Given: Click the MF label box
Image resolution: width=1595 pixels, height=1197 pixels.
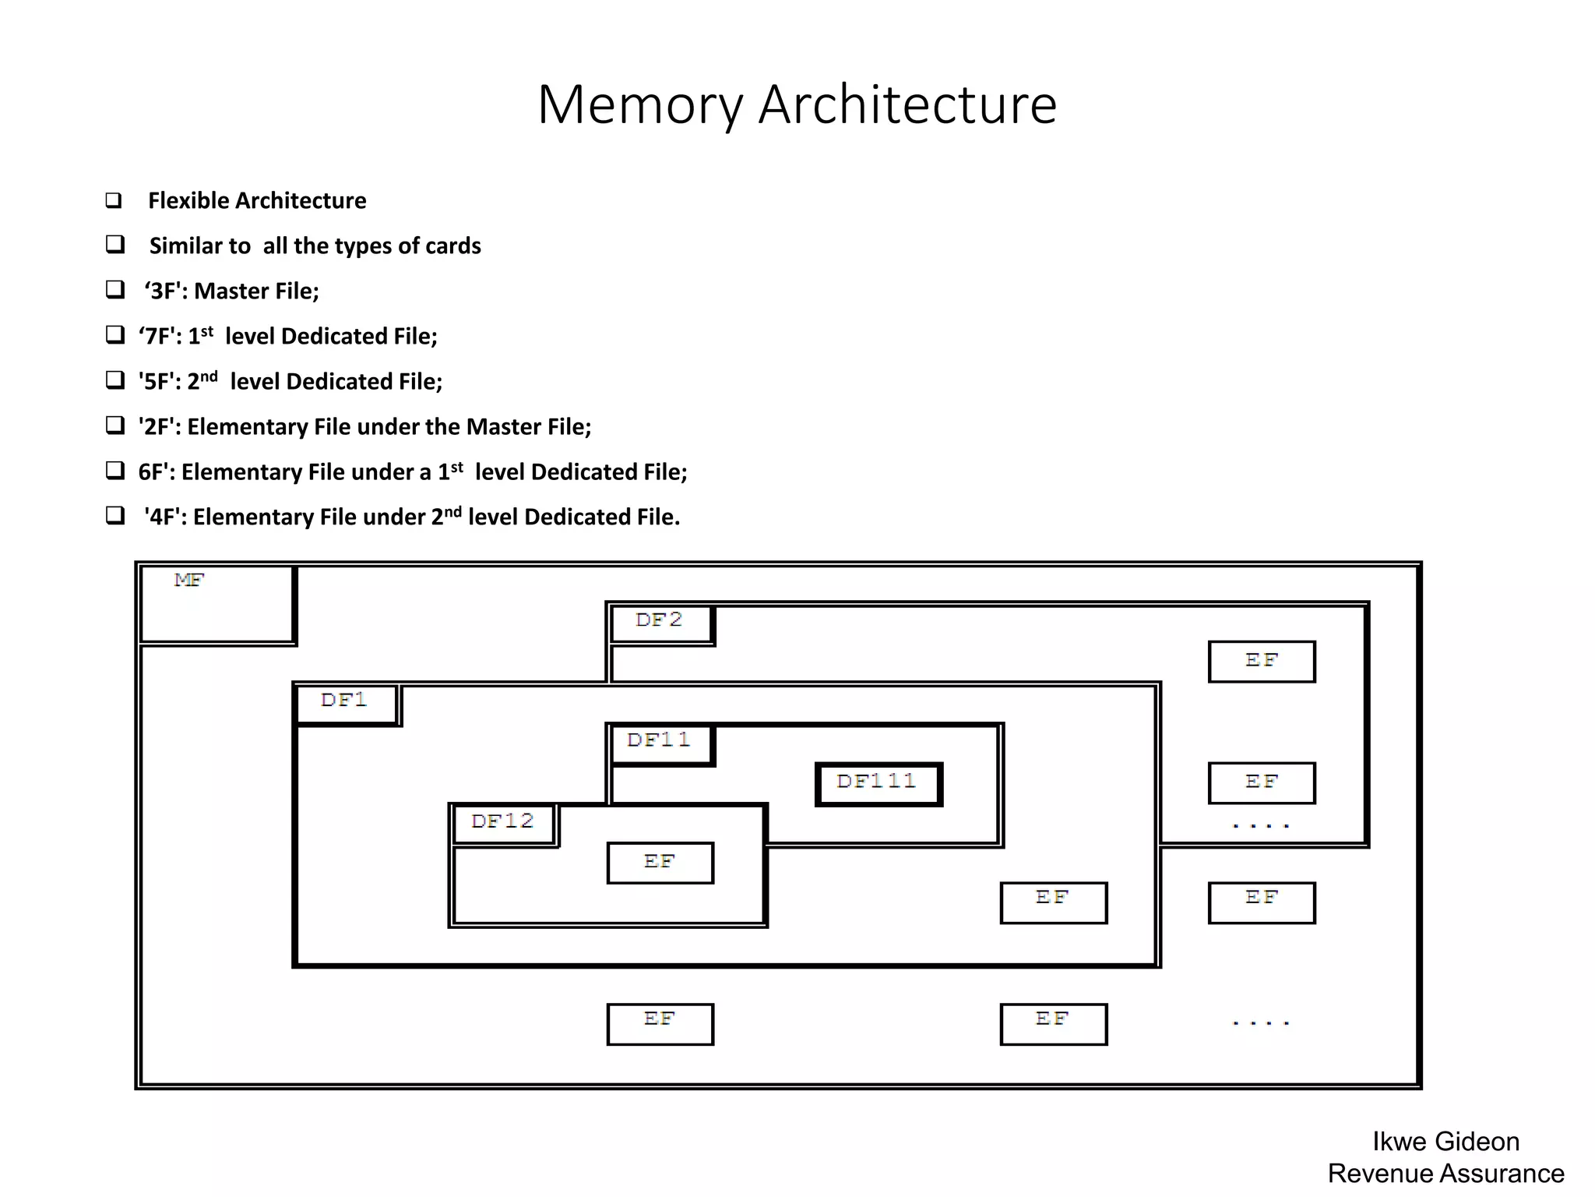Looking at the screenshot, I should [217, 604].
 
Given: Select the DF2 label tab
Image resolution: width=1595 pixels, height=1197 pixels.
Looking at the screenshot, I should [661, 623].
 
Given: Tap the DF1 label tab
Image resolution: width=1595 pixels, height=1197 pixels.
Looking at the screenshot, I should [347, 703].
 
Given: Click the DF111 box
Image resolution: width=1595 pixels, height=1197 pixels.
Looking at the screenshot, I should [878, 784].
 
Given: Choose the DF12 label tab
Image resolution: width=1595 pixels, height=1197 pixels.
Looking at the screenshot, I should [504, 824].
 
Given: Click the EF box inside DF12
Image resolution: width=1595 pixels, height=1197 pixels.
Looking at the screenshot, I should [660, 863].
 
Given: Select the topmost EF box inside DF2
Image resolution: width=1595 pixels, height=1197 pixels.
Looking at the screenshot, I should [1261, 662].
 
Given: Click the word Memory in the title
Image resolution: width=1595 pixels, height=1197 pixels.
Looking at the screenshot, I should [639, 104].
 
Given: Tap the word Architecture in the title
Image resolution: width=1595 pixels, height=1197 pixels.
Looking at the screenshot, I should [907, 104].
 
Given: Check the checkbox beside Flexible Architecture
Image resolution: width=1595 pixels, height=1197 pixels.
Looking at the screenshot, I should [114, 200].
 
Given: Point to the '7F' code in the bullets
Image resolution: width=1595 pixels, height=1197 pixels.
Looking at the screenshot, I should [159, 337].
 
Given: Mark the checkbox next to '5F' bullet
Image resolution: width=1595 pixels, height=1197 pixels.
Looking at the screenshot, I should [115, 381].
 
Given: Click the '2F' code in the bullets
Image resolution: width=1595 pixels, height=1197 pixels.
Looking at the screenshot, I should [159, 427].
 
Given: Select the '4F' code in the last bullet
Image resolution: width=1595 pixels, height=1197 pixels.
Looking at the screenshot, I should [164, 517].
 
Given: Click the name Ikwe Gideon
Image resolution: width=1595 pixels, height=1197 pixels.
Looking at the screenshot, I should [1445, 1142].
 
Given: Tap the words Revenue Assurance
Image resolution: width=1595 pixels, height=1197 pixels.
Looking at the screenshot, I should [1445, 1174].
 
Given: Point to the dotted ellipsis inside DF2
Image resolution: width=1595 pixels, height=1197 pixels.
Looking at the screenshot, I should [1261, 825].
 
